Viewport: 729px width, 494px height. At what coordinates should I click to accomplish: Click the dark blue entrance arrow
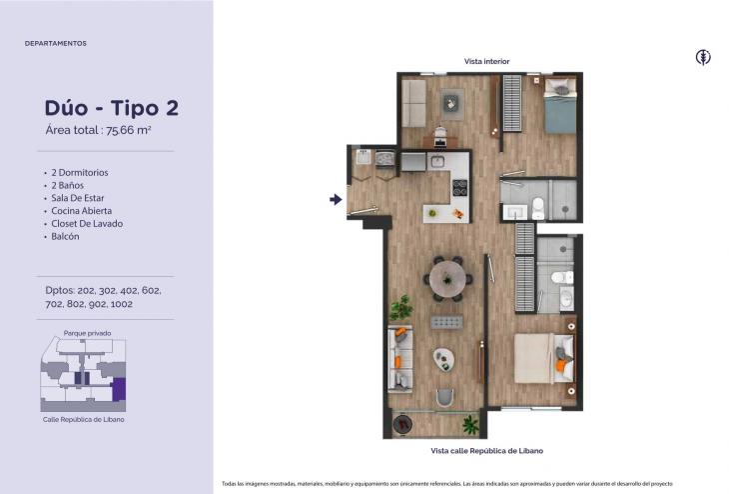coord(336,199)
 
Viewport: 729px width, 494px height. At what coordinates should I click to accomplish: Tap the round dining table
coord(447,279)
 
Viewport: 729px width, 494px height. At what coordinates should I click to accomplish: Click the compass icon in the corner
coord(703,57)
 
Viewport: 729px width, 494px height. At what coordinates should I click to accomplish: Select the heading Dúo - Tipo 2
coord(112,108)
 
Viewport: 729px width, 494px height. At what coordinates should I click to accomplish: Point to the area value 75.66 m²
coord(128,130)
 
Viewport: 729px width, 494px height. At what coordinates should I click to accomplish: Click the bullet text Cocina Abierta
coord(81,211)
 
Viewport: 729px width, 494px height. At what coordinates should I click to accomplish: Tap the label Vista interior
coord(486,61)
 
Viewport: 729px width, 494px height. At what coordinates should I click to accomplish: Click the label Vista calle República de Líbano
coord(486,451)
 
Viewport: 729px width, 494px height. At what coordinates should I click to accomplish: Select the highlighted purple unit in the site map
coord(119,389)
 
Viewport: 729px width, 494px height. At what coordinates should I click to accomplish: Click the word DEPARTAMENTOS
coord(56,43)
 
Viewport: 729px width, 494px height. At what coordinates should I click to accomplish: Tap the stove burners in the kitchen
coord(459,188)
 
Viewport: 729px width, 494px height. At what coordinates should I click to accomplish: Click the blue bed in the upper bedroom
coord(560,106)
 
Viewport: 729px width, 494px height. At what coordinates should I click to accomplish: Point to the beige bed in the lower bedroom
coord(543,358)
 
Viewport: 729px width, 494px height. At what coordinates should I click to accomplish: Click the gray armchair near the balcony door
coord(445,398)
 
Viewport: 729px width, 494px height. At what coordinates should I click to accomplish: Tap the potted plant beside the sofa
coord(401,307)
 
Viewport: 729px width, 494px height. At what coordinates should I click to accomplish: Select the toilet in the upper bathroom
coord(538,208)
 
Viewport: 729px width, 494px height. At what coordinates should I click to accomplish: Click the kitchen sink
coord(437,162)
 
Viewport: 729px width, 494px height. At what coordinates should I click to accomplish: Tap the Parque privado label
coord(88,333)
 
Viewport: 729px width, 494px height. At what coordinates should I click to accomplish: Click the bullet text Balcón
coord(65,237)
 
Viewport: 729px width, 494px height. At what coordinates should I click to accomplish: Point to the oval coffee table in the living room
coord(443,359)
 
